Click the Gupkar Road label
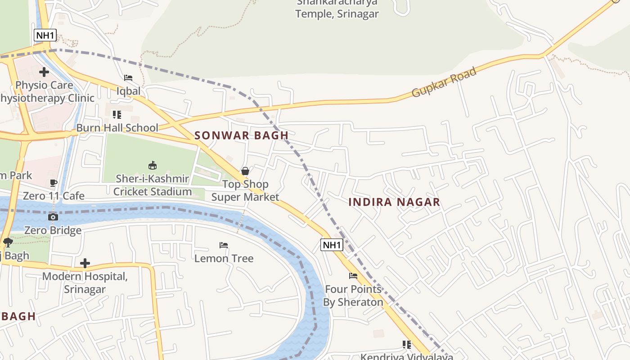(444, 83)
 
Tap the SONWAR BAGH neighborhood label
(241, 135)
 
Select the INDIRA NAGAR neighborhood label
(394, 202)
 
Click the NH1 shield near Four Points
(332, 245)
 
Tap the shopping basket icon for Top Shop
(245, 171)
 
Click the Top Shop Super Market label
(245, 190)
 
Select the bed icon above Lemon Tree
(224, 245)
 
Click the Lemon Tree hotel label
(224, 258)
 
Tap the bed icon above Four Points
(353, 276)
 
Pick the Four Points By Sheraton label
(353, 296)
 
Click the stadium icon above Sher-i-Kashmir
(153, 165)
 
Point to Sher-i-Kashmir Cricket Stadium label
(153, 185)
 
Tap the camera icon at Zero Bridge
(53, 217)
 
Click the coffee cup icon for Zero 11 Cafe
(53, 183)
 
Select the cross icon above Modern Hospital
(85, 263)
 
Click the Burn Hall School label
(117, 128)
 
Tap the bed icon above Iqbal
(128, 78)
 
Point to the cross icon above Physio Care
(44, 72)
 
